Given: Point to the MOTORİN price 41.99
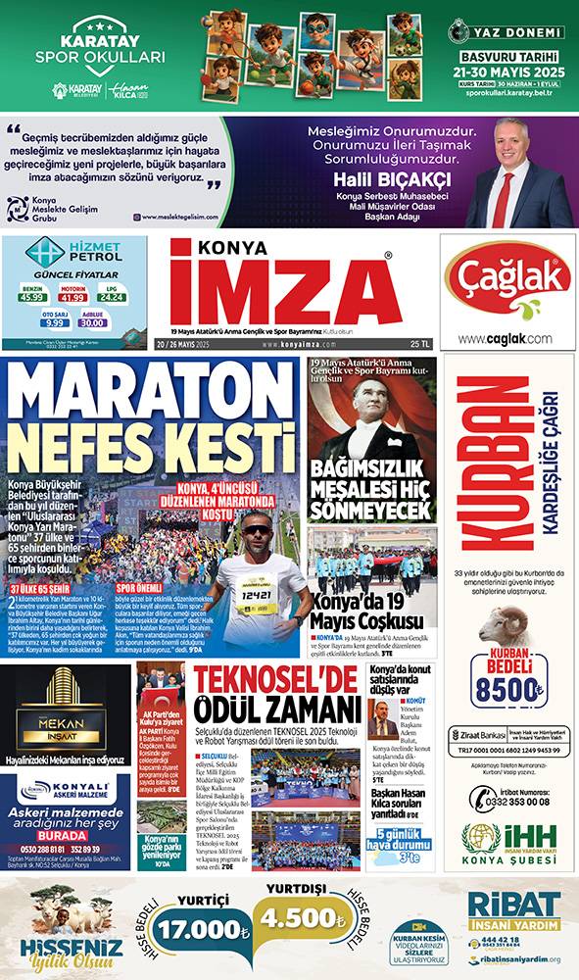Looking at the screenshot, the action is (73, 297).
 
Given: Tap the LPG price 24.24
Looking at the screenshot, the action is (113, 297).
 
